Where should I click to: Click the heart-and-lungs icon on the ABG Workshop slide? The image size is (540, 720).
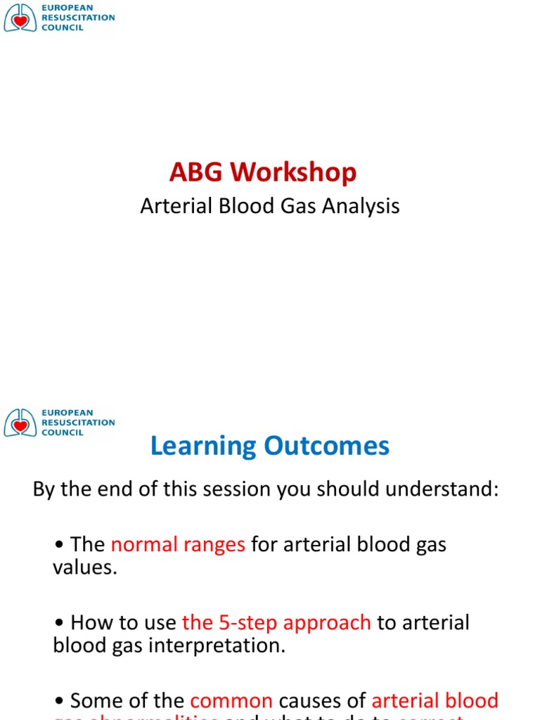point(20,18)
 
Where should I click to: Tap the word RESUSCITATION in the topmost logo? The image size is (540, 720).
point(78,18)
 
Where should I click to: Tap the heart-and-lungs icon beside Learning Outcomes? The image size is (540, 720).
point(20,423)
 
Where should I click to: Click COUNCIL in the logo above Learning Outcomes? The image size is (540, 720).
point(63,432)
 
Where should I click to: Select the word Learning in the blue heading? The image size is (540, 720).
point(203,446)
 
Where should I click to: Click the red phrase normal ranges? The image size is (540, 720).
point(178,545)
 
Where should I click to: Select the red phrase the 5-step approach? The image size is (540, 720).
point(276,623)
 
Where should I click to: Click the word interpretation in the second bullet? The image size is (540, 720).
point(226,645)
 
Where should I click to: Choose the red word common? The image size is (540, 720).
point(231,701)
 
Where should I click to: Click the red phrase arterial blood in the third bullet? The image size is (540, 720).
point(435,701)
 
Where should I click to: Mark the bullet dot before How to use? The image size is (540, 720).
point(58,624)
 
